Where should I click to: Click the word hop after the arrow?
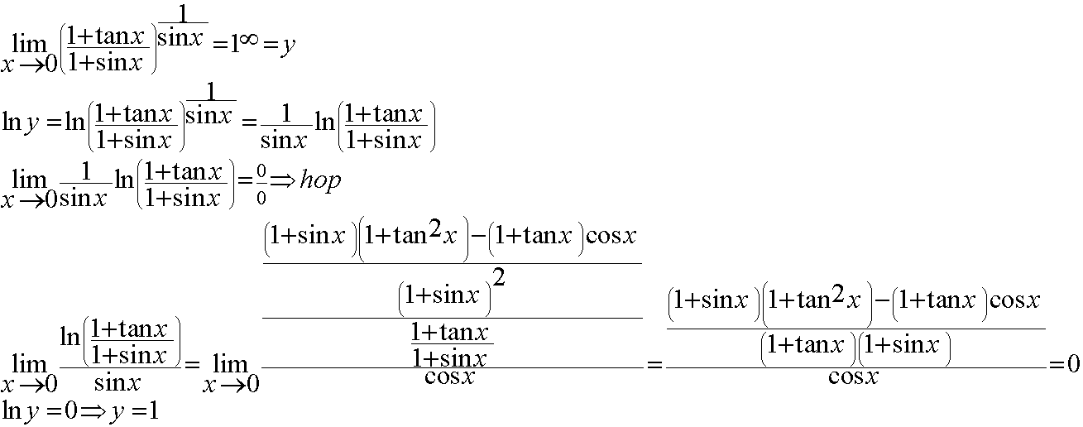click(319, 182)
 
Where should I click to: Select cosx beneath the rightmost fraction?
click(853, 377)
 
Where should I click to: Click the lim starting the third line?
click(28, 180)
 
